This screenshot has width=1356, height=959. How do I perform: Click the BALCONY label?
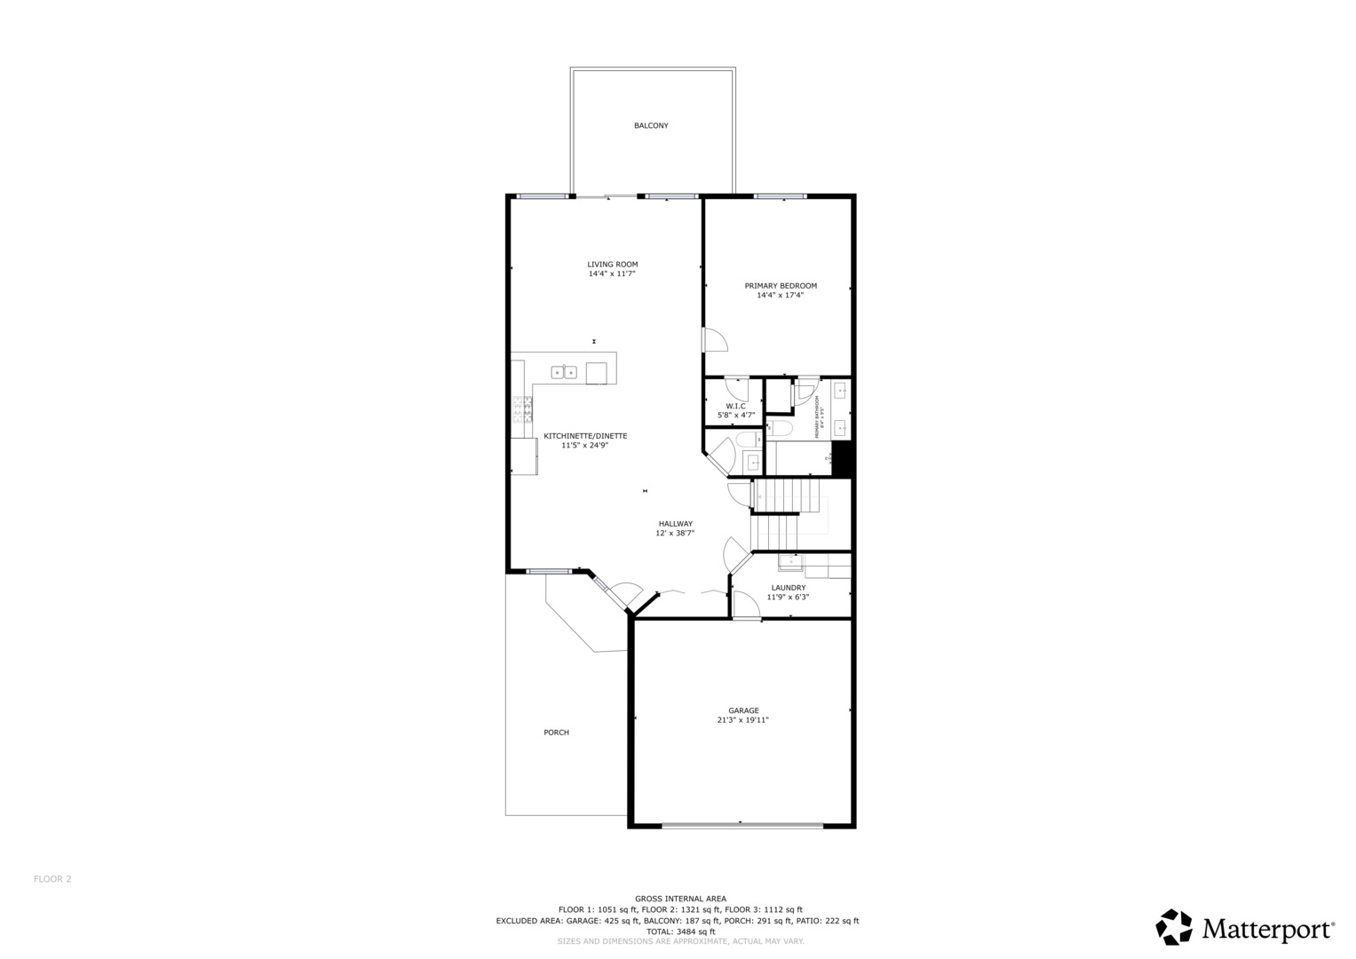651,126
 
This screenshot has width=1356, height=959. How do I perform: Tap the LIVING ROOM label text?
612,265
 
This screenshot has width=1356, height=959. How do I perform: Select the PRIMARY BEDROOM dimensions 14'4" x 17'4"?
780,296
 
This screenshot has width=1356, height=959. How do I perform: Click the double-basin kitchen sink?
564,372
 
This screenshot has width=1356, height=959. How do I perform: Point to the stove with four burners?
521,408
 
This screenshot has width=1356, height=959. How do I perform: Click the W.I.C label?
735,406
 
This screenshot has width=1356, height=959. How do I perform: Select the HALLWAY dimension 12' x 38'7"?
675,534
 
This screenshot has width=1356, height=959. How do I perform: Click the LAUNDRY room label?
788,588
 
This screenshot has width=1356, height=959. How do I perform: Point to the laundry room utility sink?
790,561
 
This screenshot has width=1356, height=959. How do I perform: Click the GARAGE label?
743,710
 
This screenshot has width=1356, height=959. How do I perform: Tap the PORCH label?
556,733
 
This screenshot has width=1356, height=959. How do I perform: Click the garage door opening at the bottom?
742,826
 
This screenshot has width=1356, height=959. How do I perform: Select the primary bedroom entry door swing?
715,340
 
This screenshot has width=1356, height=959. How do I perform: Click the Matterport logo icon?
1173,927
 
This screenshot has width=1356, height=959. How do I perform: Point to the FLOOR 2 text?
52,879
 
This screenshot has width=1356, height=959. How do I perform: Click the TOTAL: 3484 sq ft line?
680,931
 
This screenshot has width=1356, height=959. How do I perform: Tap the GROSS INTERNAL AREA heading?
680,899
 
